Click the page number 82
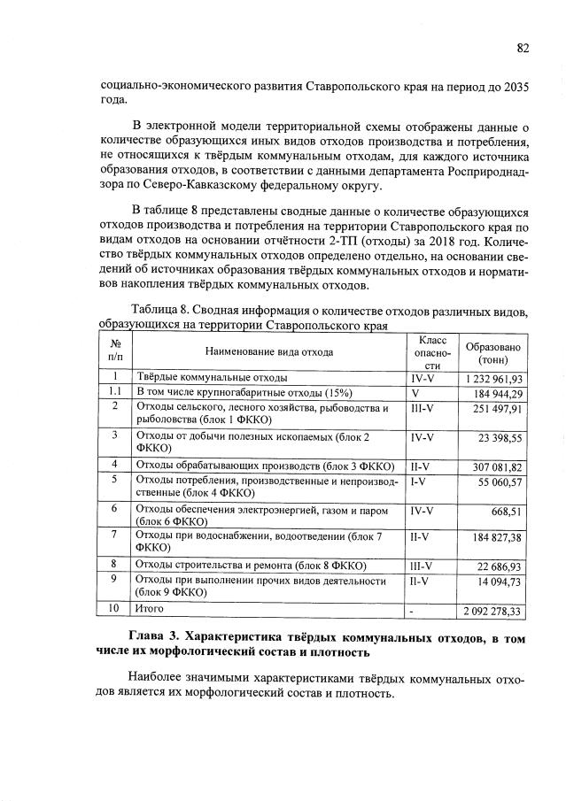pos(522,49)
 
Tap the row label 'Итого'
pos(148,609)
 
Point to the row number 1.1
pos(114,392)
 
